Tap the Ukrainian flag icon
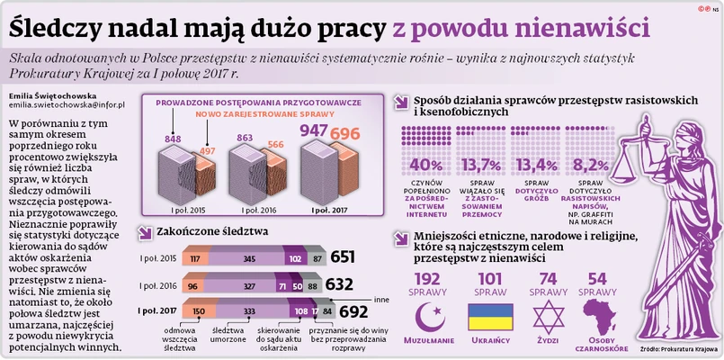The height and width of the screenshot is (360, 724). click(491, 315)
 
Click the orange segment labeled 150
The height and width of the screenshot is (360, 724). click(197, 311)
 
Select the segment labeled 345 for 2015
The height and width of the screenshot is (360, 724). click(249, 258)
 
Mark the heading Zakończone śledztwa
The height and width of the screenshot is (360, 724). click(212, 230)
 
